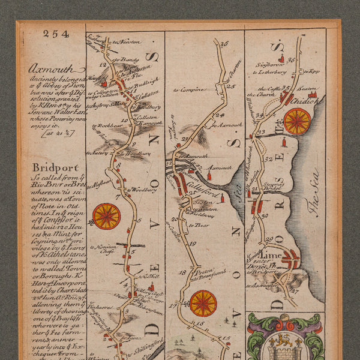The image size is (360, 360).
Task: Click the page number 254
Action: (55, 34)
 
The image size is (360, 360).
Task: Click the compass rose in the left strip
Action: (106, 216)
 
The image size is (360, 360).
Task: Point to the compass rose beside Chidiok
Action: (297, 121)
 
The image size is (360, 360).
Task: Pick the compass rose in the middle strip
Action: (203, 303)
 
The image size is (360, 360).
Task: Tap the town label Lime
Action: (271, 254)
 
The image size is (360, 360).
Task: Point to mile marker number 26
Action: (225, 43)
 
